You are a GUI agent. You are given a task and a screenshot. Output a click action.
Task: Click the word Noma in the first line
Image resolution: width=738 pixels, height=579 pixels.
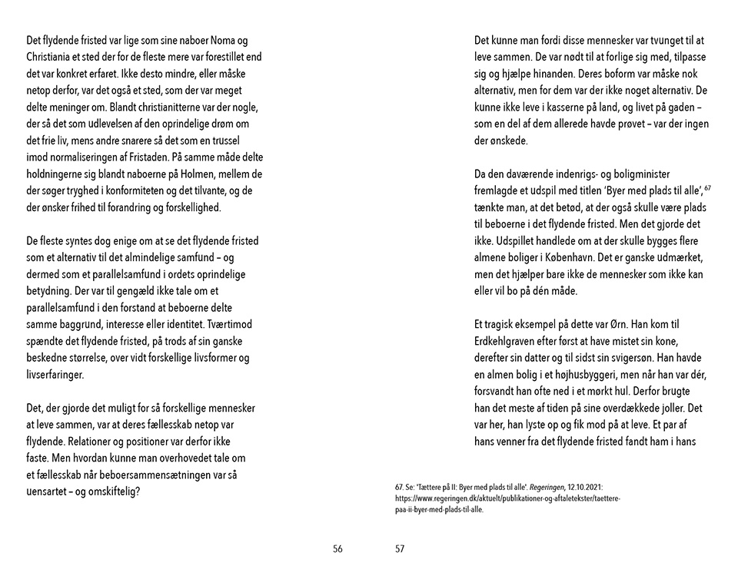pos(221,41)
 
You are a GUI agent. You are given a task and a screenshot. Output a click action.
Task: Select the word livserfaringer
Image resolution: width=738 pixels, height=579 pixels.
pos(56,376)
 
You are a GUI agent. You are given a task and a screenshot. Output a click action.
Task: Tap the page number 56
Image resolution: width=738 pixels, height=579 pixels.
pos(338,549)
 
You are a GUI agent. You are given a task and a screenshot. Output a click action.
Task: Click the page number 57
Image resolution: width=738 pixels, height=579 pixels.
pos(400,549)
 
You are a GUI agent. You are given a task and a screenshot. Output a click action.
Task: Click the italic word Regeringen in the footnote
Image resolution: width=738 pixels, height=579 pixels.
pos(544,488)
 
